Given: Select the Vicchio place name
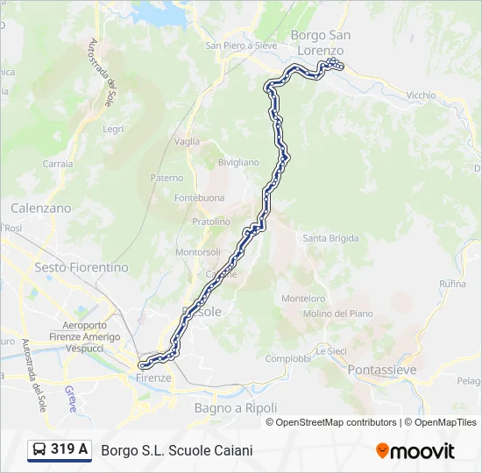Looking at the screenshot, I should point(421,95).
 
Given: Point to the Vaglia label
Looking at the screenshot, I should point(187,141).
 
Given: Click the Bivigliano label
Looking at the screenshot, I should point(238,162).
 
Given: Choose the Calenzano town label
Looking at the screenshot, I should point(40,208).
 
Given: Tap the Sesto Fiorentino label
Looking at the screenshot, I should point(81,267).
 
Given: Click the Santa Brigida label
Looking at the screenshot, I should point(330,238).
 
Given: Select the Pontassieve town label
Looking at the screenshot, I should point(382,371).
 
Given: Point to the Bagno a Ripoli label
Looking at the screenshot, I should point(235,408).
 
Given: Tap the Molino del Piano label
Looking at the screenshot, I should point(337,314).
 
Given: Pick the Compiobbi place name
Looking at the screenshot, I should point(288,358).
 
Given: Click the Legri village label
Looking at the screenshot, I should point(113,129).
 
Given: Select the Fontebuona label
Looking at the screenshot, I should point(199,198).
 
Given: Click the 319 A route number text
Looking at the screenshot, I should point(69,450).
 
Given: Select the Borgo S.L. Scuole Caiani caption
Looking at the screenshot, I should point(177,451).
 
